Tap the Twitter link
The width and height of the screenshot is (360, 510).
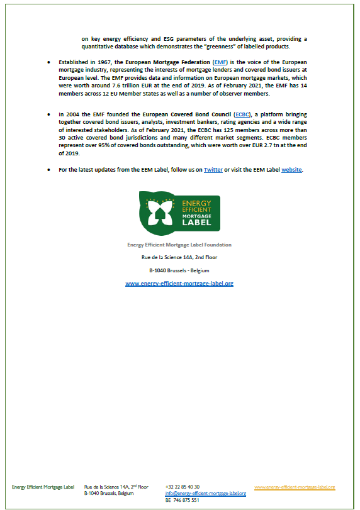213,169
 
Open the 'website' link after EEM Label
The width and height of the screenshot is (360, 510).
292,169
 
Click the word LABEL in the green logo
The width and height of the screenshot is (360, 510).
196,222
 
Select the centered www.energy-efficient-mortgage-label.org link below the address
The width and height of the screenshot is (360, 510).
179,284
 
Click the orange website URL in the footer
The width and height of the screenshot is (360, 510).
295,487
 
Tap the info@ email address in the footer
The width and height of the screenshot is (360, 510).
206,494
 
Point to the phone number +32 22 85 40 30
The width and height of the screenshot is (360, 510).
183,487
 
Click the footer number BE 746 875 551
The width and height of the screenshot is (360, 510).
183,500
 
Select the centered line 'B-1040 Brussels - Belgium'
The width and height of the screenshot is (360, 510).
179,270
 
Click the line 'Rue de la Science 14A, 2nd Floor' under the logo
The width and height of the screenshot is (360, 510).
179,257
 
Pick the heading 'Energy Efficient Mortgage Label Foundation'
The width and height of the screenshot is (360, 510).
179,244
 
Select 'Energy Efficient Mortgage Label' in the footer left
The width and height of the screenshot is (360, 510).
43,487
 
